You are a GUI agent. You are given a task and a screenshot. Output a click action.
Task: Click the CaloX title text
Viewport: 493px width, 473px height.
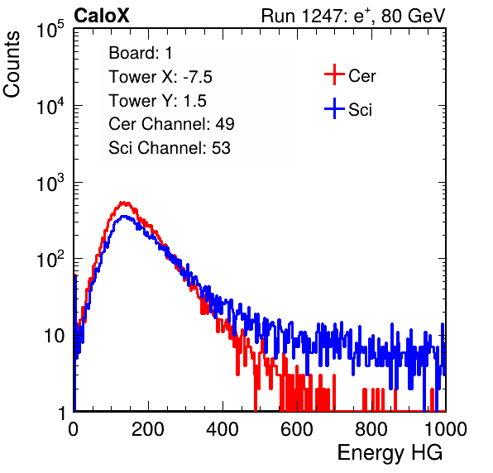pyautogui.click(x=101, y=16)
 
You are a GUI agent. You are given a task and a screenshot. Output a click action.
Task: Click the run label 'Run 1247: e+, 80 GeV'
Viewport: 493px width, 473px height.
pyautogui.click(x=353, y=16)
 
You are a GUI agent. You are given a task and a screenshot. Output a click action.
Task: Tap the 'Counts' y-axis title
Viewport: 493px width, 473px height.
pyautogui.click(x=12, y=64)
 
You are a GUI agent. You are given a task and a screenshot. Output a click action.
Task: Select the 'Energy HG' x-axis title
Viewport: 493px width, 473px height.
pyautogui.click(x=390, y=453)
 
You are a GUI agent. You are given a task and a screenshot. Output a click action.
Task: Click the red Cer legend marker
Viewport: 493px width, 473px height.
pyautogui.click(x=334, y=74)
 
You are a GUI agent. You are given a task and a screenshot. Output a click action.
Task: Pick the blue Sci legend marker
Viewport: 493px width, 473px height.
pyautogui.click(x=334, y=108)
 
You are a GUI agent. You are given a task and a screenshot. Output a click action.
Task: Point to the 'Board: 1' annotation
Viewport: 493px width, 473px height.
pyautogui.click(x=141, y=53)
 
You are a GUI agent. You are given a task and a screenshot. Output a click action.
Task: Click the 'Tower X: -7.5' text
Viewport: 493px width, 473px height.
pyautogui.click(x=160, y=77)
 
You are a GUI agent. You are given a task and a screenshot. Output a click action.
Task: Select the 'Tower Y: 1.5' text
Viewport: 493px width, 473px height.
pyautogui.click(x=157, y=101)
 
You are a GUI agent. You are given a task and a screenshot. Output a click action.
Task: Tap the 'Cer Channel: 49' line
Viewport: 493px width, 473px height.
pyautogui.click(x=171, y=124)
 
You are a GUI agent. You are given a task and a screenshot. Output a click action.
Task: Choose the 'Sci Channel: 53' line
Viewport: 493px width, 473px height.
pyautogui.click(x=170, y=148)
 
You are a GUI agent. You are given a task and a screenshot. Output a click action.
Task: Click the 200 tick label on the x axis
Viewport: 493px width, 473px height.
pyautogui.click(x=148, y=429)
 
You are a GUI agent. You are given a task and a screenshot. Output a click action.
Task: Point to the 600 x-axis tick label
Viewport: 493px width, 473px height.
pyautogui.click(x=297, y=429)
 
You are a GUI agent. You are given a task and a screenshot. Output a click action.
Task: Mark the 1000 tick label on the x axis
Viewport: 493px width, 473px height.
pyautogui.click(x=446, y=429)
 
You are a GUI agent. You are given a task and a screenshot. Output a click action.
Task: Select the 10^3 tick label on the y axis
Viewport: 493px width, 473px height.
pyautogui.click(x=50, y=183)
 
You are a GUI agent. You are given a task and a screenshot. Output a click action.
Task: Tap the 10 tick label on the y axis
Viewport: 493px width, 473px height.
pyautogui.click(x=55, y=336)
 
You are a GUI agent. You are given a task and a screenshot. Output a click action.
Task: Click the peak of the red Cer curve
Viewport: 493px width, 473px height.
pyautogui.click(x=124, y=203)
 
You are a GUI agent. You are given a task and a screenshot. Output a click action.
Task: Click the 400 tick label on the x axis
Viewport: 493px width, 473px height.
pyautogui.click(x=223, y=429)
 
